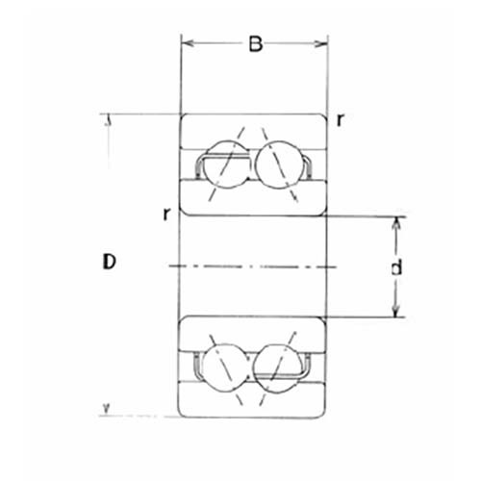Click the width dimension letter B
(x=255, y=44)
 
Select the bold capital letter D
(x=110, y=261)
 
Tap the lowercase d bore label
(x=395, y=268)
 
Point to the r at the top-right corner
(x=340, y=120)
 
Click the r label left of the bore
(x=167, y=214)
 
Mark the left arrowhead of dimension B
(x=188, y=43)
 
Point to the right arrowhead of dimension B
(x=323, y=43)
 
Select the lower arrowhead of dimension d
(x=395, y=311)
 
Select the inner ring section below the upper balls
(x=255, y=197)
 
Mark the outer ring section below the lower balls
(x=255, y=404)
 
